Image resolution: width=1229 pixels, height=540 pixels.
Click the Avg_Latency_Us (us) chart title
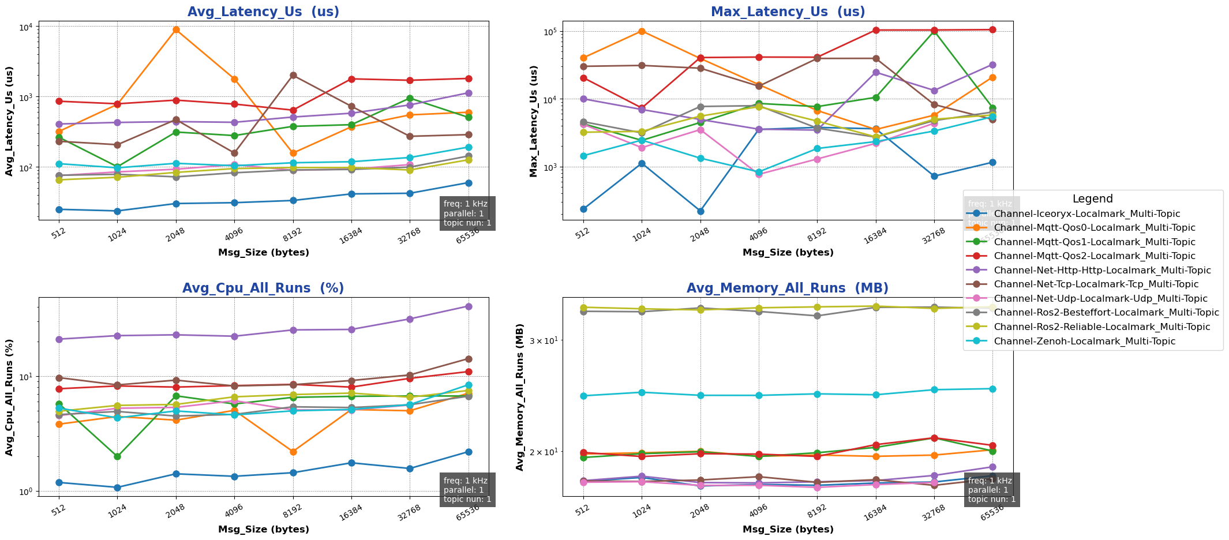[264, 12]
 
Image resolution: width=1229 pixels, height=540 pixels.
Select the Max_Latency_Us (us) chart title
[788, 12]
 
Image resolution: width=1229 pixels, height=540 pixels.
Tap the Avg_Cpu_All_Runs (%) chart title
[263, 288]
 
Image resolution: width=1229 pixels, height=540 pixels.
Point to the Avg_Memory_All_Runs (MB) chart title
[787, 288]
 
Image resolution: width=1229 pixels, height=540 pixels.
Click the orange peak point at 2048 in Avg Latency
[176, 30]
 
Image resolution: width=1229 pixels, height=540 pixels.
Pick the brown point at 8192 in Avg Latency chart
[293, 76]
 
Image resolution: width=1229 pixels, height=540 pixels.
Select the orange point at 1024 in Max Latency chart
[642, 31]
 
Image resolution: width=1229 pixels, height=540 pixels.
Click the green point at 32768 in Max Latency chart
[934, 32]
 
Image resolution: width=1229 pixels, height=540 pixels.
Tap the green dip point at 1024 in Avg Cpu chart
[117, 456]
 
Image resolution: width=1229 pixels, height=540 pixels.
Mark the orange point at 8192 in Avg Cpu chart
[293, 452]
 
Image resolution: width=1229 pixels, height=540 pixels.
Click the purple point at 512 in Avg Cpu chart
[59, 339]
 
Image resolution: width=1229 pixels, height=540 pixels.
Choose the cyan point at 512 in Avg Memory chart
[583, 396]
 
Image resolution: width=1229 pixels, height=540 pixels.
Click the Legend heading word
[1092, 199]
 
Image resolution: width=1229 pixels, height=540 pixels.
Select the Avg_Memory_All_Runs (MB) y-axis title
[520, 397]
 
